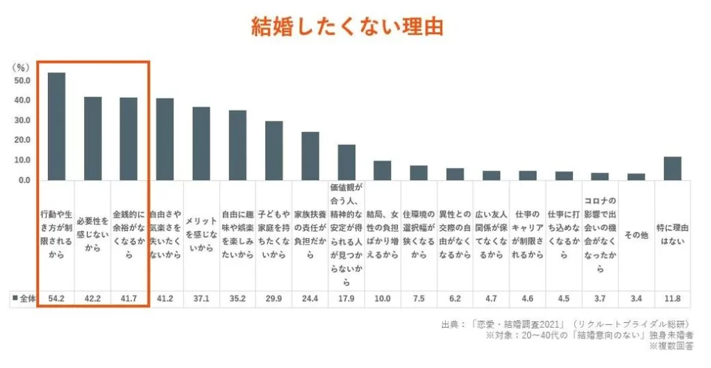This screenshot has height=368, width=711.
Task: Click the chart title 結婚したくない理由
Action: point(346,28)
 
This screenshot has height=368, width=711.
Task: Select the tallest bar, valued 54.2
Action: point(56,126)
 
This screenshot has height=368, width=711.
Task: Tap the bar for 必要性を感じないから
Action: point(93,138)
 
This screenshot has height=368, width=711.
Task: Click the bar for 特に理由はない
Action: point(672,168)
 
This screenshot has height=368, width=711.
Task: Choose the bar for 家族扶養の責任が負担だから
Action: point(310,156)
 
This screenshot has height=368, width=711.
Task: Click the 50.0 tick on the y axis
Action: point(23,81)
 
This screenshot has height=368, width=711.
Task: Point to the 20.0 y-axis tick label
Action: point(23,140)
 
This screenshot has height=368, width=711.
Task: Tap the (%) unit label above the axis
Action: point(21,67)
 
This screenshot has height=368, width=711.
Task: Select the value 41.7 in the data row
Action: point(129,299)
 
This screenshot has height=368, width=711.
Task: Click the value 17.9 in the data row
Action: point(346,299)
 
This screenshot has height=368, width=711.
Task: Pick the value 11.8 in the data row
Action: point(672,299)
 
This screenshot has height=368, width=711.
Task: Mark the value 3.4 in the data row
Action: point(636,299)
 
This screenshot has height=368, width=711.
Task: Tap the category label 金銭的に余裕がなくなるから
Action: point(129,235)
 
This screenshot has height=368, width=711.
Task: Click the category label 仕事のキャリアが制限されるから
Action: point(527,235)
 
